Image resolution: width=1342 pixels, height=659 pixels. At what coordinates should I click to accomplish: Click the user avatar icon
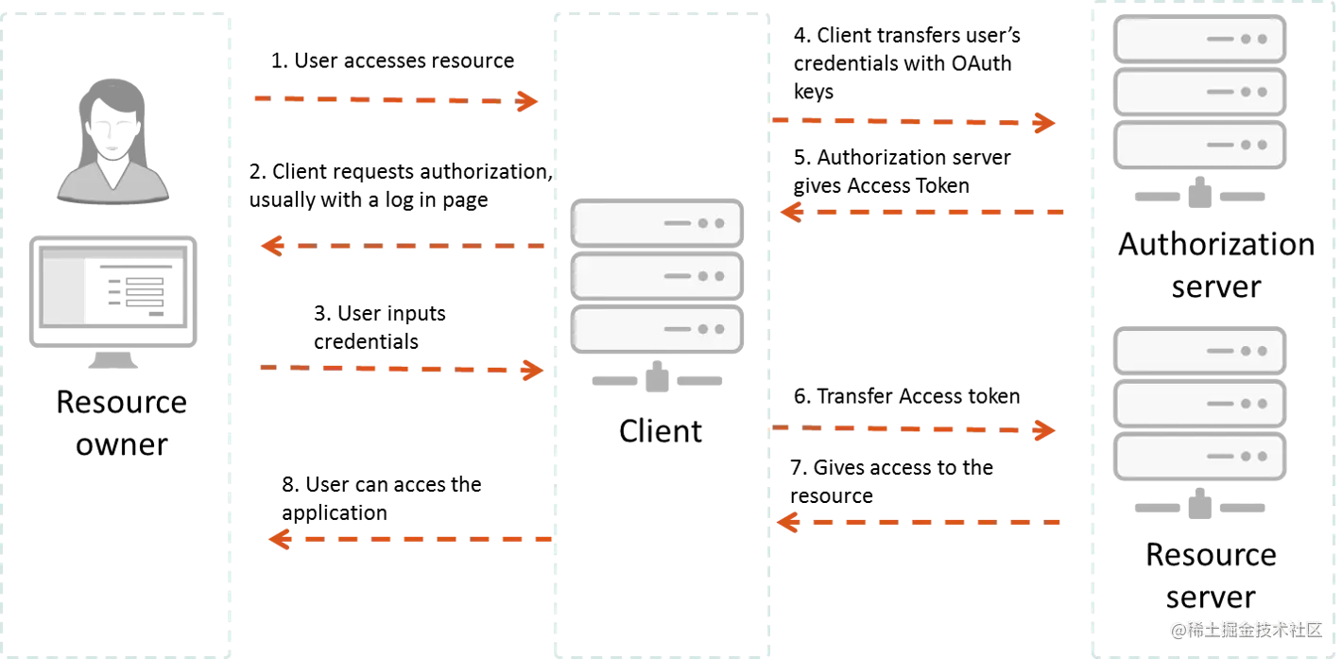113,142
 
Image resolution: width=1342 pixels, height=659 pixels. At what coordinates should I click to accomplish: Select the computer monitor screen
113,286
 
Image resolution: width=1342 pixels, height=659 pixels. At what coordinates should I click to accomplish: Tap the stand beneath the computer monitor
112,358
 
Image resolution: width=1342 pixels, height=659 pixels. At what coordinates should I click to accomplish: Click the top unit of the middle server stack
658,223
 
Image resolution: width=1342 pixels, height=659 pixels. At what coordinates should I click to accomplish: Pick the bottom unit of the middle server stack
658,329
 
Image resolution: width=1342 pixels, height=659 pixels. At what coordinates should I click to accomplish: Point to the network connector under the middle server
658,377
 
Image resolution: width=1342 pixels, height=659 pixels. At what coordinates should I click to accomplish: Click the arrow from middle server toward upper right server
913,122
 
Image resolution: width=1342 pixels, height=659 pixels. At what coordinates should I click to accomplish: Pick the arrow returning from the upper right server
922,212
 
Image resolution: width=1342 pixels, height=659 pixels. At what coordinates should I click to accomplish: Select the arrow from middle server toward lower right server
913,430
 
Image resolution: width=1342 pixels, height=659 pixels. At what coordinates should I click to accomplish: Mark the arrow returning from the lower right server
920,521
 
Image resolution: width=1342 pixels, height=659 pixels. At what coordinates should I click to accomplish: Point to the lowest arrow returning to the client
410,539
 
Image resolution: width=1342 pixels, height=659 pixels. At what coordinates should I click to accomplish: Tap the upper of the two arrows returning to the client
404,246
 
